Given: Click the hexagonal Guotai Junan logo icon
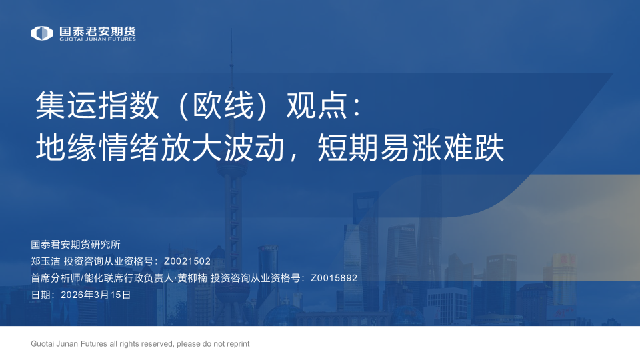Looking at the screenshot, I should point(42,33).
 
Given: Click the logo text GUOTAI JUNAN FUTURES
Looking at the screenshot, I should point(97,39).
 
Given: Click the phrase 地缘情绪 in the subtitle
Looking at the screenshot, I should point(97,148).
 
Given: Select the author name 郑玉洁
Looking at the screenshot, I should point(45,261).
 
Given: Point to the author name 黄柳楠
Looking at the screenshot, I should point(192,278).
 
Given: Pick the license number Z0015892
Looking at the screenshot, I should point(334,278).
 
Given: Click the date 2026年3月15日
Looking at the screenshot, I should point(95,295).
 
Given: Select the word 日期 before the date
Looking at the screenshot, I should point(41,295).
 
